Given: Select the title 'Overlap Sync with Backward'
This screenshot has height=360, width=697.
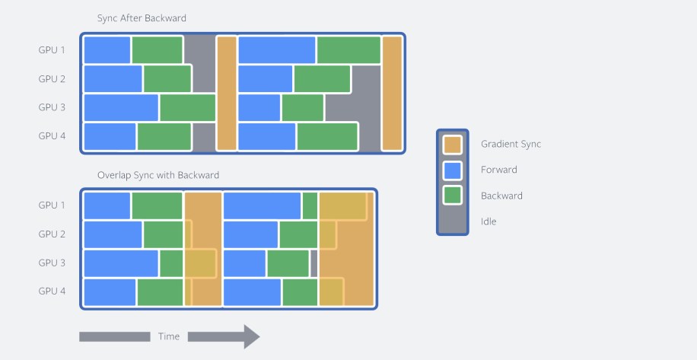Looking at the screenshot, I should pos(158,175).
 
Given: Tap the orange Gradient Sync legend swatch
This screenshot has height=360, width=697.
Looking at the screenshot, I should pos(453,144).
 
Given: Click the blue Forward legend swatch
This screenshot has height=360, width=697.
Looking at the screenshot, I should pos(453,170).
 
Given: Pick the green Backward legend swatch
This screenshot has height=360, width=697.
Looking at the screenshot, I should pos(453,196).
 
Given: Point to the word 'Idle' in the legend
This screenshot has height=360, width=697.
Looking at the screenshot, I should pos(488,221).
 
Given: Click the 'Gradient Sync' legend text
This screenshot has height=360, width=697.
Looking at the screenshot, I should pos(511,144).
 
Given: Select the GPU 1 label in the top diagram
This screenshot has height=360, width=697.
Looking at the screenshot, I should pos(52,50).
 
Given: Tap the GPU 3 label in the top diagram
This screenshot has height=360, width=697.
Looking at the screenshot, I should pos(52,107).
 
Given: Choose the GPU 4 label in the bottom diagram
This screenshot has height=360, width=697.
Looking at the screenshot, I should pos(52,291).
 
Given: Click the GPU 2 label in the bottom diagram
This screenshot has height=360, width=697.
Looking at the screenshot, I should pos(52,234).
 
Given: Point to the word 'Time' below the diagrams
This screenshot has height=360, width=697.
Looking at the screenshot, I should pos(169,336).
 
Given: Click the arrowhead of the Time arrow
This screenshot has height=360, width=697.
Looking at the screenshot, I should pos(251,336).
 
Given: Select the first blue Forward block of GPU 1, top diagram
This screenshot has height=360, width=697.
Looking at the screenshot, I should pos(107,50).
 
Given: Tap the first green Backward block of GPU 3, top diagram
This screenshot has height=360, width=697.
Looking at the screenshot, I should pos(188,107).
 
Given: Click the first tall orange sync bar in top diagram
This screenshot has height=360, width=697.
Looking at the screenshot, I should pos(226,93).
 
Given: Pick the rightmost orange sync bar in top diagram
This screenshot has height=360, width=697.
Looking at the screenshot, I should pos(392,93).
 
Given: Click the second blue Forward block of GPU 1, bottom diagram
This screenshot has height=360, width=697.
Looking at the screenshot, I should pos(262,205).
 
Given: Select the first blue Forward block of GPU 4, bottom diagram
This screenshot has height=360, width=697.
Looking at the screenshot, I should pos(110,292).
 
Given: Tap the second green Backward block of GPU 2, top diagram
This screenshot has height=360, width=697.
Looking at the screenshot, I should pos(322,78).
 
